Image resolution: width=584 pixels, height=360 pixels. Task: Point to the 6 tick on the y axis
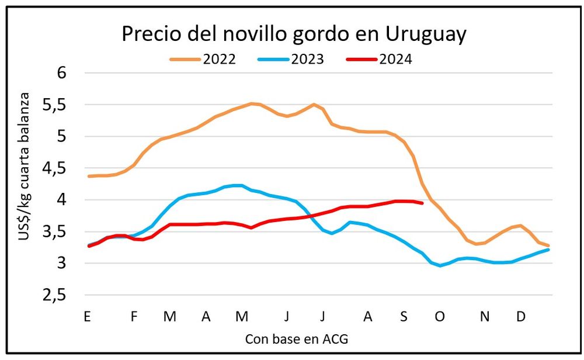[62, 73]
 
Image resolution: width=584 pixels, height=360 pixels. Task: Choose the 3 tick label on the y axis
[62, 264]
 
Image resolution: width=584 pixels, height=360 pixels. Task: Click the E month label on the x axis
[87, 316]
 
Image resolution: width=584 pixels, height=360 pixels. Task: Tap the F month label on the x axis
[134, 316]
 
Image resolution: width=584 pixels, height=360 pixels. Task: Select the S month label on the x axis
[404, 316]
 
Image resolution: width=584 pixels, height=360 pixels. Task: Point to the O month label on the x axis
[439, 316]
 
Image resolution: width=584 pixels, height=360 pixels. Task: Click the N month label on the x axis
[485, 316]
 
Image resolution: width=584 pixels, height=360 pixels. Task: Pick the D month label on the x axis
[520, 316]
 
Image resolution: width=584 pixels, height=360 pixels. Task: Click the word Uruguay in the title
[426, 34]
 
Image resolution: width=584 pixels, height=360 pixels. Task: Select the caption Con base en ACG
[292, 339]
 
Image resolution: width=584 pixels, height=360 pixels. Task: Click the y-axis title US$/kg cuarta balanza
[26, 184]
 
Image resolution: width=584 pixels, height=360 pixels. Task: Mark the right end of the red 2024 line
[422, 203]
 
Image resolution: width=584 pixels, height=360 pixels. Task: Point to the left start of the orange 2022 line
[88, 176]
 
